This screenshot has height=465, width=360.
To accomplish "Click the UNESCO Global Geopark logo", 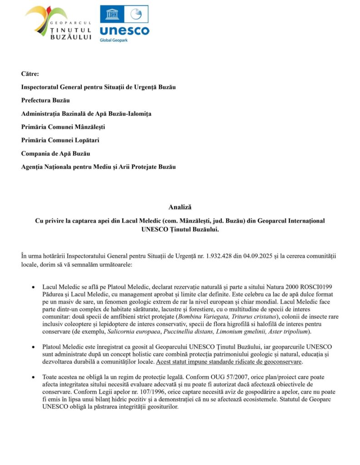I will pyautogui.click(x=124, y=24).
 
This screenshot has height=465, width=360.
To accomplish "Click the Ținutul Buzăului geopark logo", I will pyautogui.click(x=59, y=23).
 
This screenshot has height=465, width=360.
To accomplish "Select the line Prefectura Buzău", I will pyautogui.click(x=45, y=100).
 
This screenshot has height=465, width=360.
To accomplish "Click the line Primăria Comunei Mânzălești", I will pyautogui.click(x=63, y=127).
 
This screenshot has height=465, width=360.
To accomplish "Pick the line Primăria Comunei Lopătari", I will pyautogui.click(x=60, y=140).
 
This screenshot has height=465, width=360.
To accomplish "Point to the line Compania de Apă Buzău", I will pyautogui.click(x=55, y=153).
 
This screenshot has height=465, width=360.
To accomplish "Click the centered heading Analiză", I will pyautogui.click(x=180, y=208).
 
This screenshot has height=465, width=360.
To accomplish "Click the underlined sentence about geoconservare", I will pyautogui.click(x=229, y=362).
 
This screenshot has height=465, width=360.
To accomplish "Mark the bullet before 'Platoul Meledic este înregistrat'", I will pyautogui.click(x=33, y=347).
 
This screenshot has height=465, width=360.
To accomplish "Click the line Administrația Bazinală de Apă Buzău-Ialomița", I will pyautogui.click(x=86, y=114).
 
